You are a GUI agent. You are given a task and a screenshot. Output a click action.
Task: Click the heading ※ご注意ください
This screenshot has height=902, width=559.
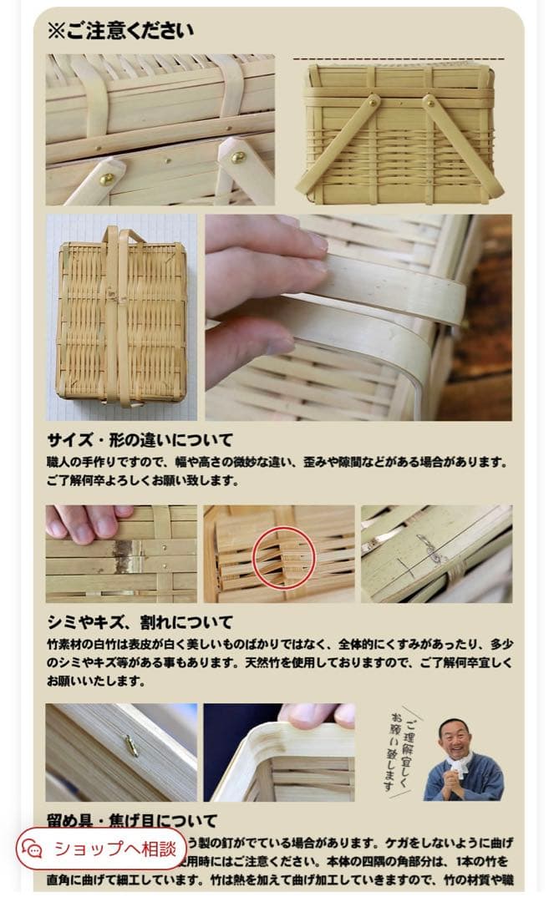119,31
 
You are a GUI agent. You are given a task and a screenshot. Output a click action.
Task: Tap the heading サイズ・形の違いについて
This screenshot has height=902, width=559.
140,440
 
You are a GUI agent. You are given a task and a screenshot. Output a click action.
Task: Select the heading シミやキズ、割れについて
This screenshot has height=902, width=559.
140,623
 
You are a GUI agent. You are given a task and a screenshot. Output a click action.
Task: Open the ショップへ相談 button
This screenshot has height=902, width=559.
114,849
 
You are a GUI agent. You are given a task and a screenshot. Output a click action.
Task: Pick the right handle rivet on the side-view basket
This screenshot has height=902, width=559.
429,101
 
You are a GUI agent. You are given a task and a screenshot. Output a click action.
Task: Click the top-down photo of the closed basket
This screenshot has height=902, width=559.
121,317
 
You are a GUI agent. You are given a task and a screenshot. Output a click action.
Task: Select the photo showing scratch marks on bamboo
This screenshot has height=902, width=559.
436,553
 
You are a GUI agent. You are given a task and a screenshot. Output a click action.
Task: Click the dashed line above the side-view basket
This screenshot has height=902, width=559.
399,59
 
